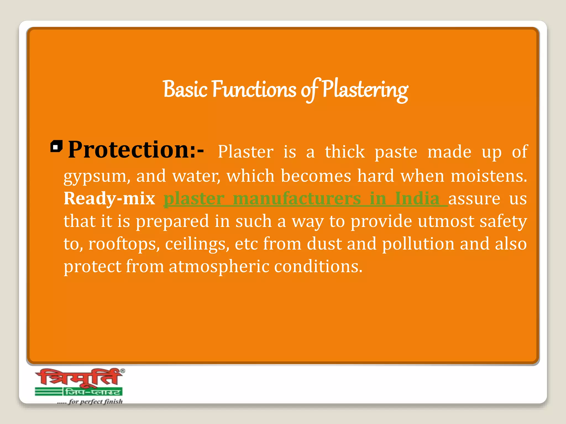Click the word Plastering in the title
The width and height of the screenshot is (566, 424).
[x=365, y=90]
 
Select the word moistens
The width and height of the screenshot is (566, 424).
[x=489, y=176]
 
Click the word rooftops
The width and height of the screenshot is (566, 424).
[x=124, y=244]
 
